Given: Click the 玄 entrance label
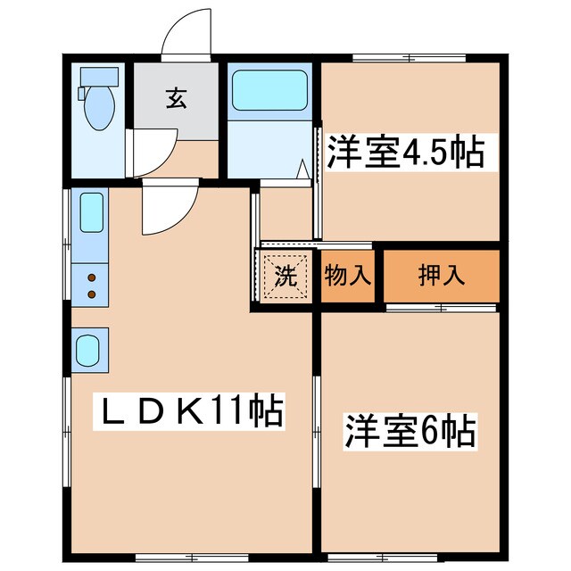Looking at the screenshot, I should tap(175, 99).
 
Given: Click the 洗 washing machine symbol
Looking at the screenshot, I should tap(284, 277).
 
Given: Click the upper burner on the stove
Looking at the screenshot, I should tap(91, 277).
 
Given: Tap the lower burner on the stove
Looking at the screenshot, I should tap(91, 293).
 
